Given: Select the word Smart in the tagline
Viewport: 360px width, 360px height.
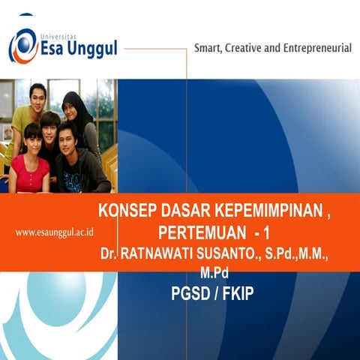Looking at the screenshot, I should (212, 49).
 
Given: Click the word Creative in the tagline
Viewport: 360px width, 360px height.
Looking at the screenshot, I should (259, 49).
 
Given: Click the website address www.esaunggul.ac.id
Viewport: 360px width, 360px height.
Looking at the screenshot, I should (59, 232).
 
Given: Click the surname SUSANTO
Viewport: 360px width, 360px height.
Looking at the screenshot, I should (234, 254).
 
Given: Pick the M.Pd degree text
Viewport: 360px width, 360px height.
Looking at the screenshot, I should (214, 272).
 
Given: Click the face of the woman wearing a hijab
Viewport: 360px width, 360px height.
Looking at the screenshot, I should (74, 106).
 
